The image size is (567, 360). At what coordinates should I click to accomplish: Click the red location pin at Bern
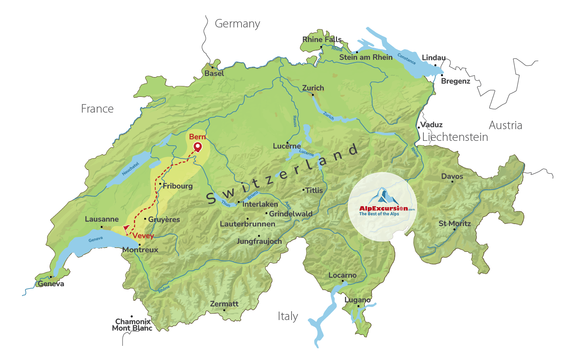point(198,147)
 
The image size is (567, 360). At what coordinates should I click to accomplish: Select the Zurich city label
point(313,88)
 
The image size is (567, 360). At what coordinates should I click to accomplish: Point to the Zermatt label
point(224,304)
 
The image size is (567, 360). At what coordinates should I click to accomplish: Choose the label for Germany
point(237,24)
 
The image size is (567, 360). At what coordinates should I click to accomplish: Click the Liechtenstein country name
point(455,137)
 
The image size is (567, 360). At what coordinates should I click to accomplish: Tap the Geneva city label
point(51,284)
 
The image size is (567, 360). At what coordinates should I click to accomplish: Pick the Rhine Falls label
point(322,40)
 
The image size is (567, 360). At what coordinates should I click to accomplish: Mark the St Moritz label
point(454,224)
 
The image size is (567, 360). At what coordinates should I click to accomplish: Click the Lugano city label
point(357,300)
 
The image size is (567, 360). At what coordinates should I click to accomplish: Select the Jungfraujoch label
point(259,241)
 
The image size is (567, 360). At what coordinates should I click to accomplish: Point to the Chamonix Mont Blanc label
point(132,325)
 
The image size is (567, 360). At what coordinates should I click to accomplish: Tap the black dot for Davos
point(452,182)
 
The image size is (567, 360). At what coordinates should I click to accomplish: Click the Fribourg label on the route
point(177,186)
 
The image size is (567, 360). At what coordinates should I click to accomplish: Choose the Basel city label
point(214,73)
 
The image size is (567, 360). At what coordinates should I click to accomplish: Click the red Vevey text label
point(143,236)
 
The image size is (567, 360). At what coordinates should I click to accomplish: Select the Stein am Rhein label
point(366,57)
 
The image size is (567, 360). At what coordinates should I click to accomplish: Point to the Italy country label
point(288,316)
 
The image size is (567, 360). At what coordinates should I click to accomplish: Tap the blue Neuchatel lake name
point(130,169)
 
